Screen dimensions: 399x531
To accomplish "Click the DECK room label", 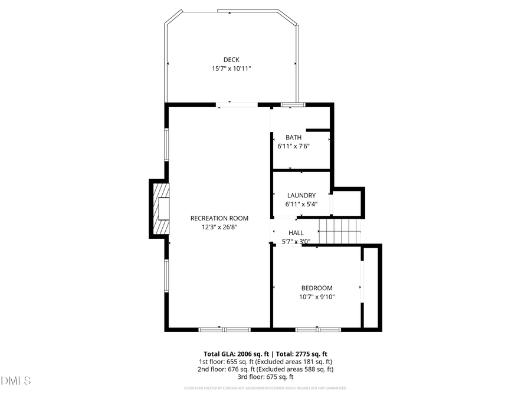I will coord(231,59).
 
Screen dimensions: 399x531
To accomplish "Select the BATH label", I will coord(293,137).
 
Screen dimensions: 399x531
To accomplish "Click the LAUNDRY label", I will coord(301,195).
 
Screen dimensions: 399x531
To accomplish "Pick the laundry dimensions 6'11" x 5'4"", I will coord(301,204).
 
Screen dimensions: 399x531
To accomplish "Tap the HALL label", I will coord(296,233).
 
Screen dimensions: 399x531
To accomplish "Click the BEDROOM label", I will coord(317,288).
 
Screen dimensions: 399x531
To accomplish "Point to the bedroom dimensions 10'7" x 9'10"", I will coord(317,297).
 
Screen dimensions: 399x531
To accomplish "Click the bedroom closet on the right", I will coord(372,287).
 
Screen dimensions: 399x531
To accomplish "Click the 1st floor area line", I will coord(265,361).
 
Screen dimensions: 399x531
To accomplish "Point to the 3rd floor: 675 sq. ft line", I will coord(265,377).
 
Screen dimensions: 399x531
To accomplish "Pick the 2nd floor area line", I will coord(265,369).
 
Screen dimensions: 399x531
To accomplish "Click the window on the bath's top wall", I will coord(292,105).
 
